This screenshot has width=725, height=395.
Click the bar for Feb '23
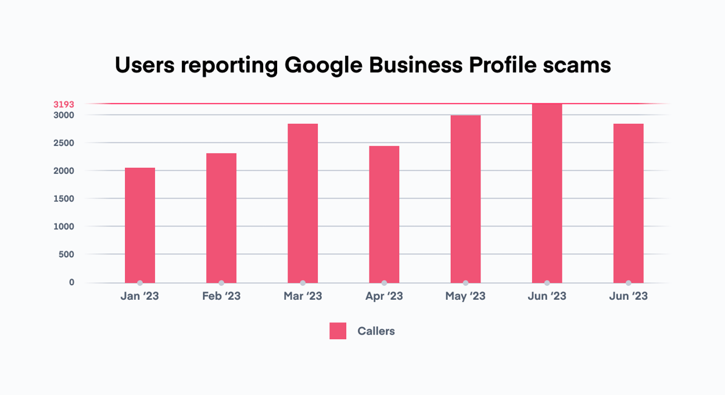(x=221, y=218)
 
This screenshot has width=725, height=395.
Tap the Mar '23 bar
(x=303, y=203)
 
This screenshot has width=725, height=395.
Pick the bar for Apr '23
(x=384, y=214)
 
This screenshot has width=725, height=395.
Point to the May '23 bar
(x=465, y=199)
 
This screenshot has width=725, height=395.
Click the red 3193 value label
(x=63, y=105)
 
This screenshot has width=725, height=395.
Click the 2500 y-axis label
(x=63, y=143)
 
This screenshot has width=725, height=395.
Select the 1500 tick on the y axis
(x=63, y=199)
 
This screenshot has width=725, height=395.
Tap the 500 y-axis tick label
(x=66, y=254)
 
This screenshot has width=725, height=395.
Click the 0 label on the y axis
(x=72, y=282)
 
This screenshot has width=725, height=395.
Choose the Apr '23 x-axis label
(x=384, y=296)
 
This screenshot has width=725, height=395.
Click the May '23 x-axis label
(x=465, y=296)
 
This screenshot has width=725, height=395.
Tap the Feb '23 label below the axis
(x=221, y=296)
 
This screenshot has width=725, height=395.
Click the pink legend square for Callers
(x=338, y=331)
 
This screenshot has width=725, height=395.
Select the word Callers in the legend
(x=376, y=331)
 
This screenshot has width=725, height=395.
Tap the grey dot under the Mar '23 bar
(x=303, y=283)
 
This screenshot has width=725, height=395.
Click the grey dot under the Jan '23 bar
(x=140, y=283)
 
